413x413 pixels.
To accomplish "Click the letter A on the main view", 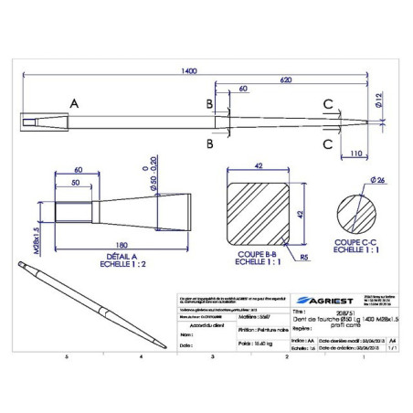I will (x=73, y=106).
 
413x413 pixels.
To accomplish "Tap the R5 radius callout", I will (x=302, y=258).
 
